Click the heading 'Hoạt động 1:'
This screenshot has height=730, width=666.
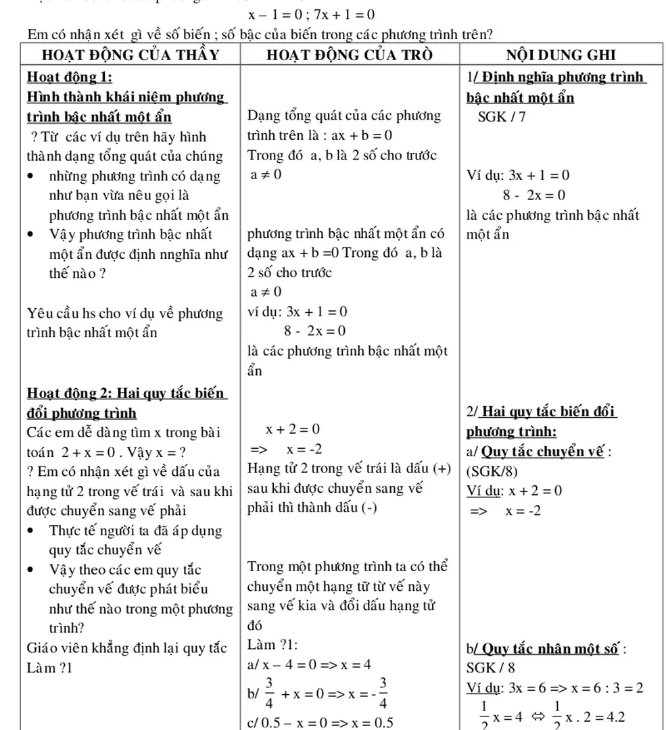tap(69, 77)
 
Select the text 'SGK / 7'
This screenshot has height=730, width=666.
tap(502, 116)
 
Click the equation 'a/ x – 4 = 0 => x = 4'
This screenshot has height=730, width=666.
tap(310, 664)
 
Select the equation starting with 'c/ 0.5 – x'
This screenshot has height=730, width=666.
tap(320, 722)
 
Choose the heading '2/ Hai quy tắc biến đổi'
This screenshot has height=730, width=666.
tap(542, 412)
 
